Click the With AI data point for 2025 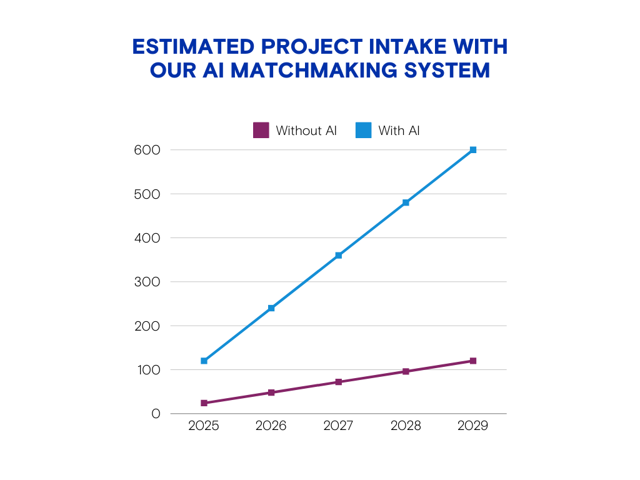(x=204, y=361)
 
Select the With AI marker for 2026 (x=271, y=308)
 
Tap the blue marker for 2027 (x=339, y=256)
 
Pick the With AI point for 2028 (x=406, y=202)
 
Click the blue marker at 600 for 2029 (x=473, y=150)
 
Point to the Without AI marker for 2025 (x=204, y=403)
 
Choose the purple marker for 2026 (x=271, y=392)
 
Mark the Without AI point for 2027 (x=339, y=382)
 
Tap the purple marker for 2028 (x=406, y=371)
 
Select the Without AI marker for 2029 (x=473, y=361)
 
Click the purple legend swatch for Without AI (x=261, y=130)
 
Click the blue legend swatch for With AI (x=364, y=130)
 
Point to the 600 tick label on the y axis (x=147, y=150)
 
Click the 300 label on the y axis (x=147, y=282)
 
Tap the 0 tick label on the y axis (x=156, y=414)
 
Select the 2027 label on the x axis (x=339, y=426)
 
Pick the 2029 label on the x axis (x=473, y=426)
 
